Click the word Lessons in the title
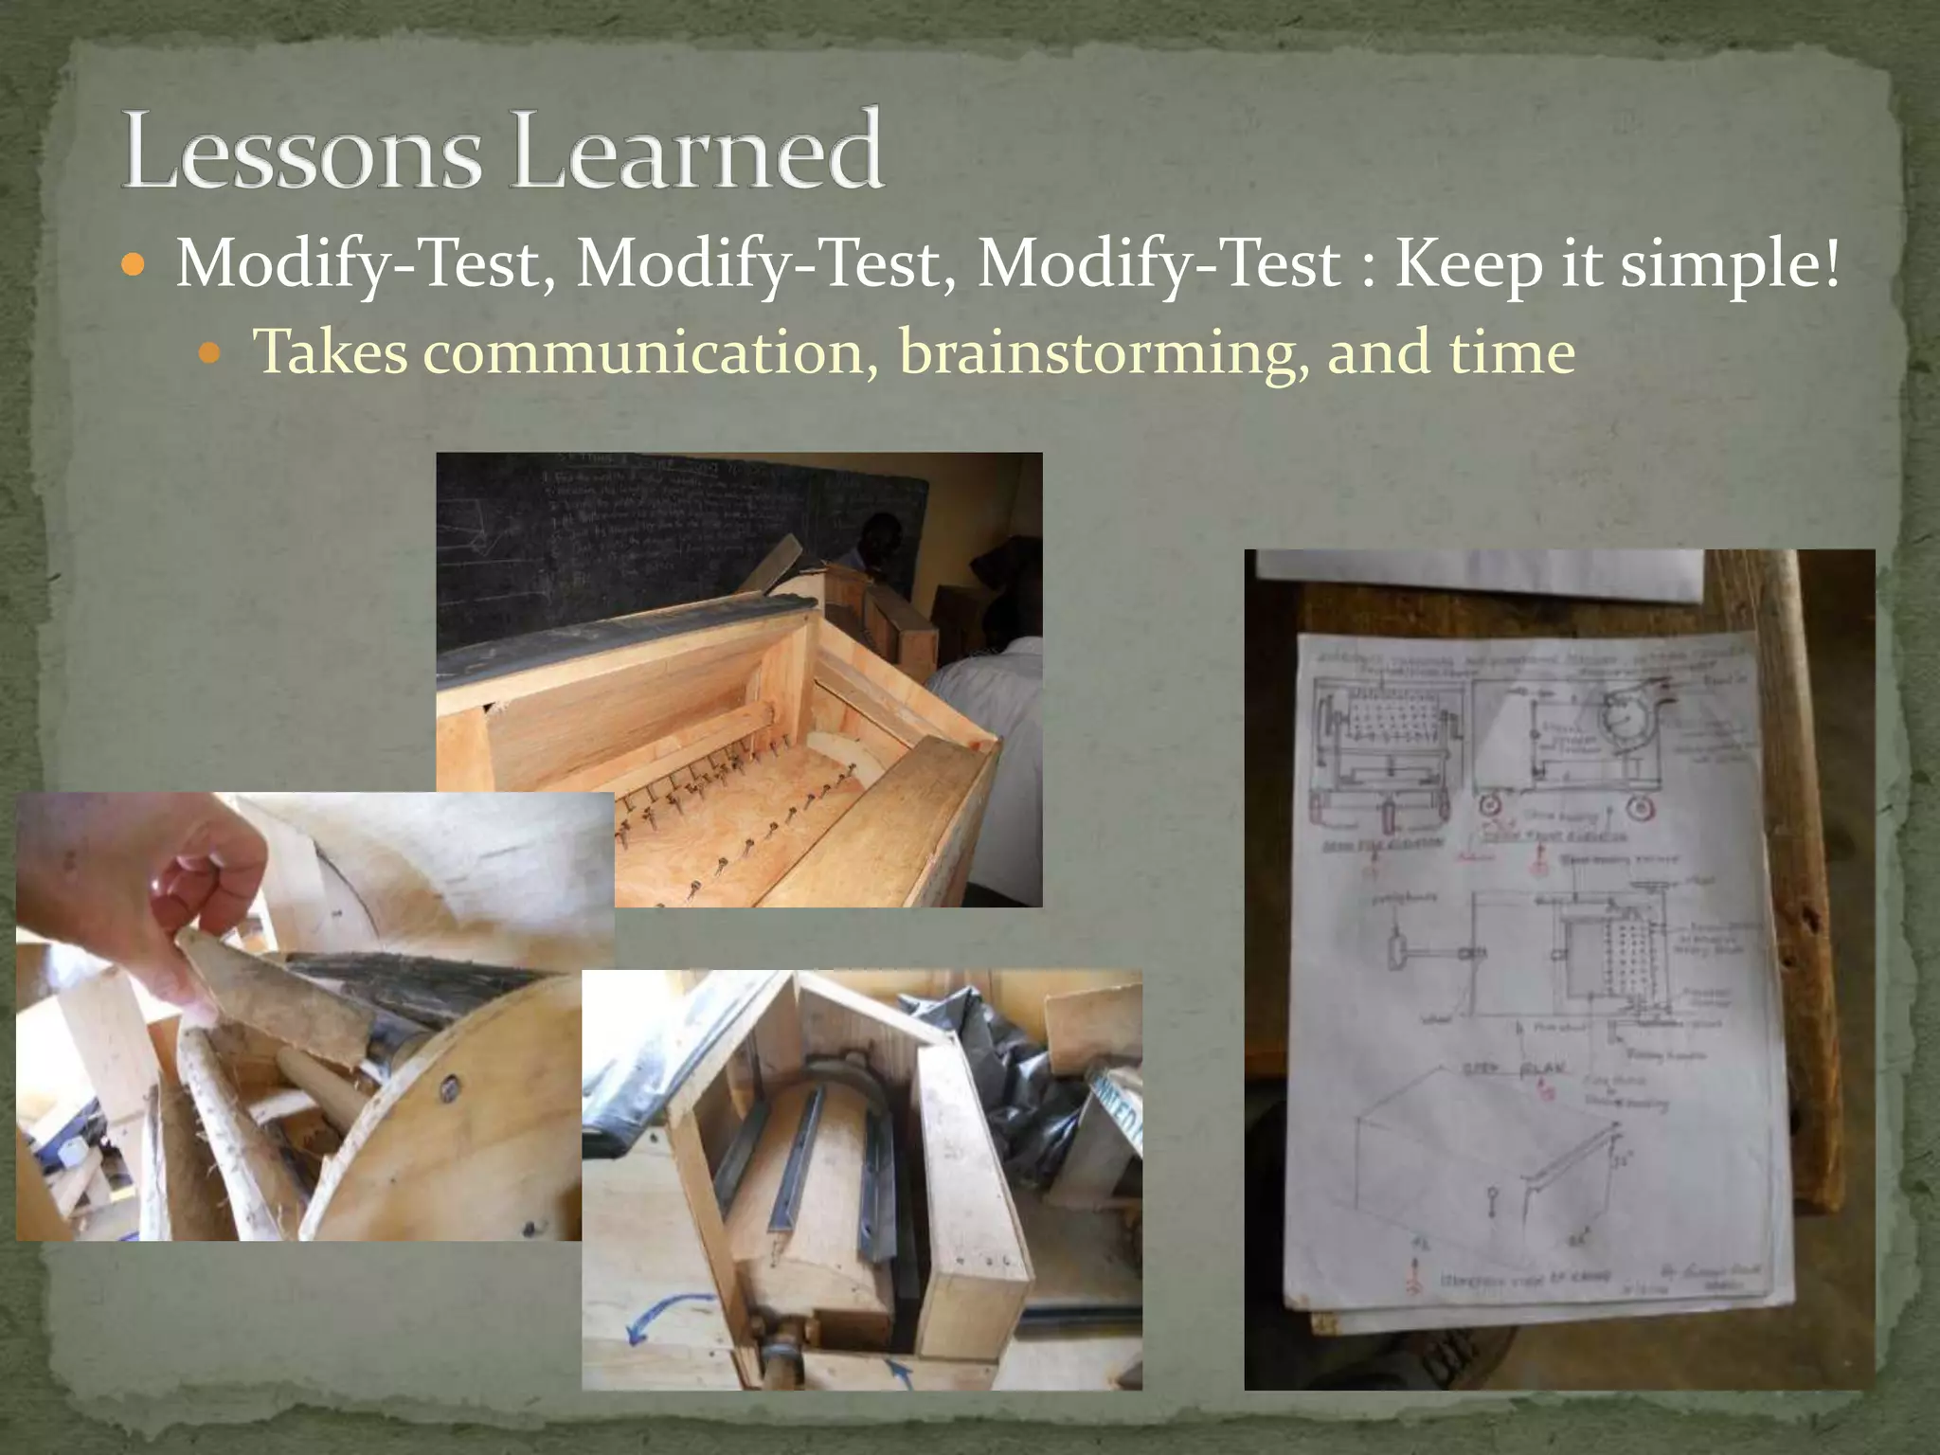pyautogui.click(x=301, y=152)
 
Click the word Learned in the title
pyautogui.click(x=696, y=152)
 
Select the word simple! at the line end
pyautogui.click(x=1731, y=265)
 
